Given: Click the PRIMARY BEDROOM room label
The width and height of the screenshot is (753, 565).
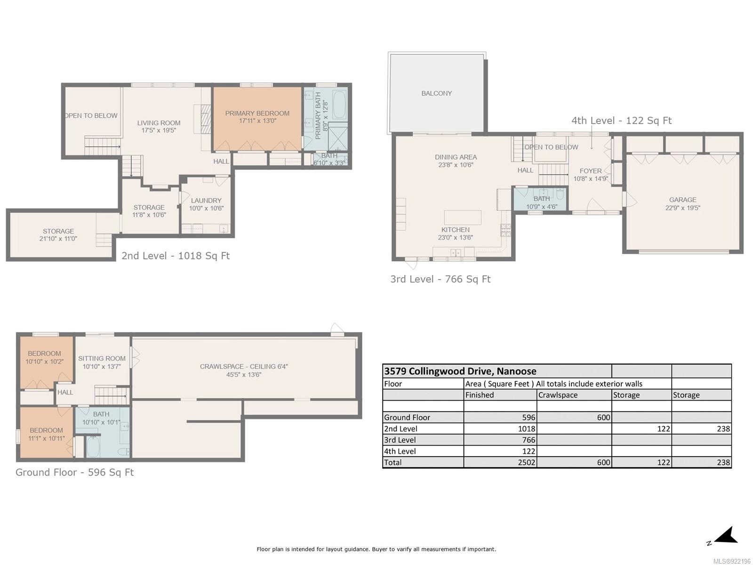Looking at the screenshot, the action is pos(257,113).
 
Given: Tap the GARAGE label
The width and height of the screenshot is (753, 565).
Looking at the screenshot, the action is pos(682,200).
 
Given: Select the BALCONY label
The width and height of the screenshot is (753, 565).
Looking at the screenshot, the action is pos(436,93).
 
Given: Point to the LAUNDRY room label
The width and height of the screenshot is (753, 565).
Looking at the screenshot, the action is pos(206,201).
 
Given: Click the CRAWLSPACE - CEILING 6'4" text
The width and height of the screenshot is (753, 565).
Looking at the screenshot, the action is pos(244,366).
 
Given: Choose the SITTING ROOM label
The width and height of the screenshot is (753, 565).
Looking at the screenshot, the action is pos(102,358).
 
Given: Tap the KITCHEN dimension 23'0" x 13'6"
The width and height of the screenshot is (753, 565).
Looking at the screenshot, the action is pos(455,237).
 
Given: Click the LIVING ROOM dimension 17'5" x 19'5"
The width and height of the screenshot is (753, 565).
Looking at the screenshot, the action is pos(159,130).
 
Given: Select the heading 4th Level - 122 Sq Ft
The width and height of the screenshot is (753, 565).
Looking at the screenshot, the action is pos(621,121).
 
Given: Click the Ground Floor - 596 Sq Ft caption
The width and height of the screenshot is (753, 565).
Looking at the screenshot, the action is pos(74,472).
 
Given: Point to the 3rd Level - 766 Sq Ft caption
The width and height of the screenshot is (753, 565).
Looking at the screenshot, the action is pos(441,279).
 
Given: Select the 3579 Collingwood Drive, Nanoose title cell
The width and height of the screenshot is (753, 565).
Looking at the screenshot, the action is pos(460,371).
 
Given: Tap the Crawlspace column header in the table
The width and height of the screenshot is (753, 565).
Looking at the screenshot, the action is pos(558,395).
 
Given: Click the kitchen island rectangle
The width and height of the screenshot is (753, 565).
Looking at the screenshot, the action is pos(463,218).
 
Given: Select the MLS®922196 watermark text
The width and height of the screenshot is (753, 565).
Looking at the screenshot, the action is pos(732,561).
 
